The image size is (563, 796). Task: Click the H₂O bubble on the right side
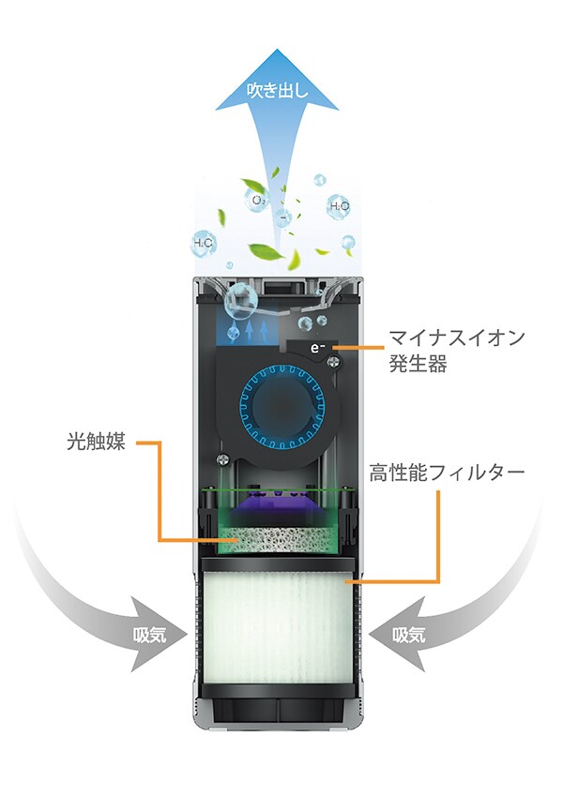tap(339, 205)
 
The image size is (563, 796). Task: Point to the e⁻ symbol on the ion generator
tap(318, 346)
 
